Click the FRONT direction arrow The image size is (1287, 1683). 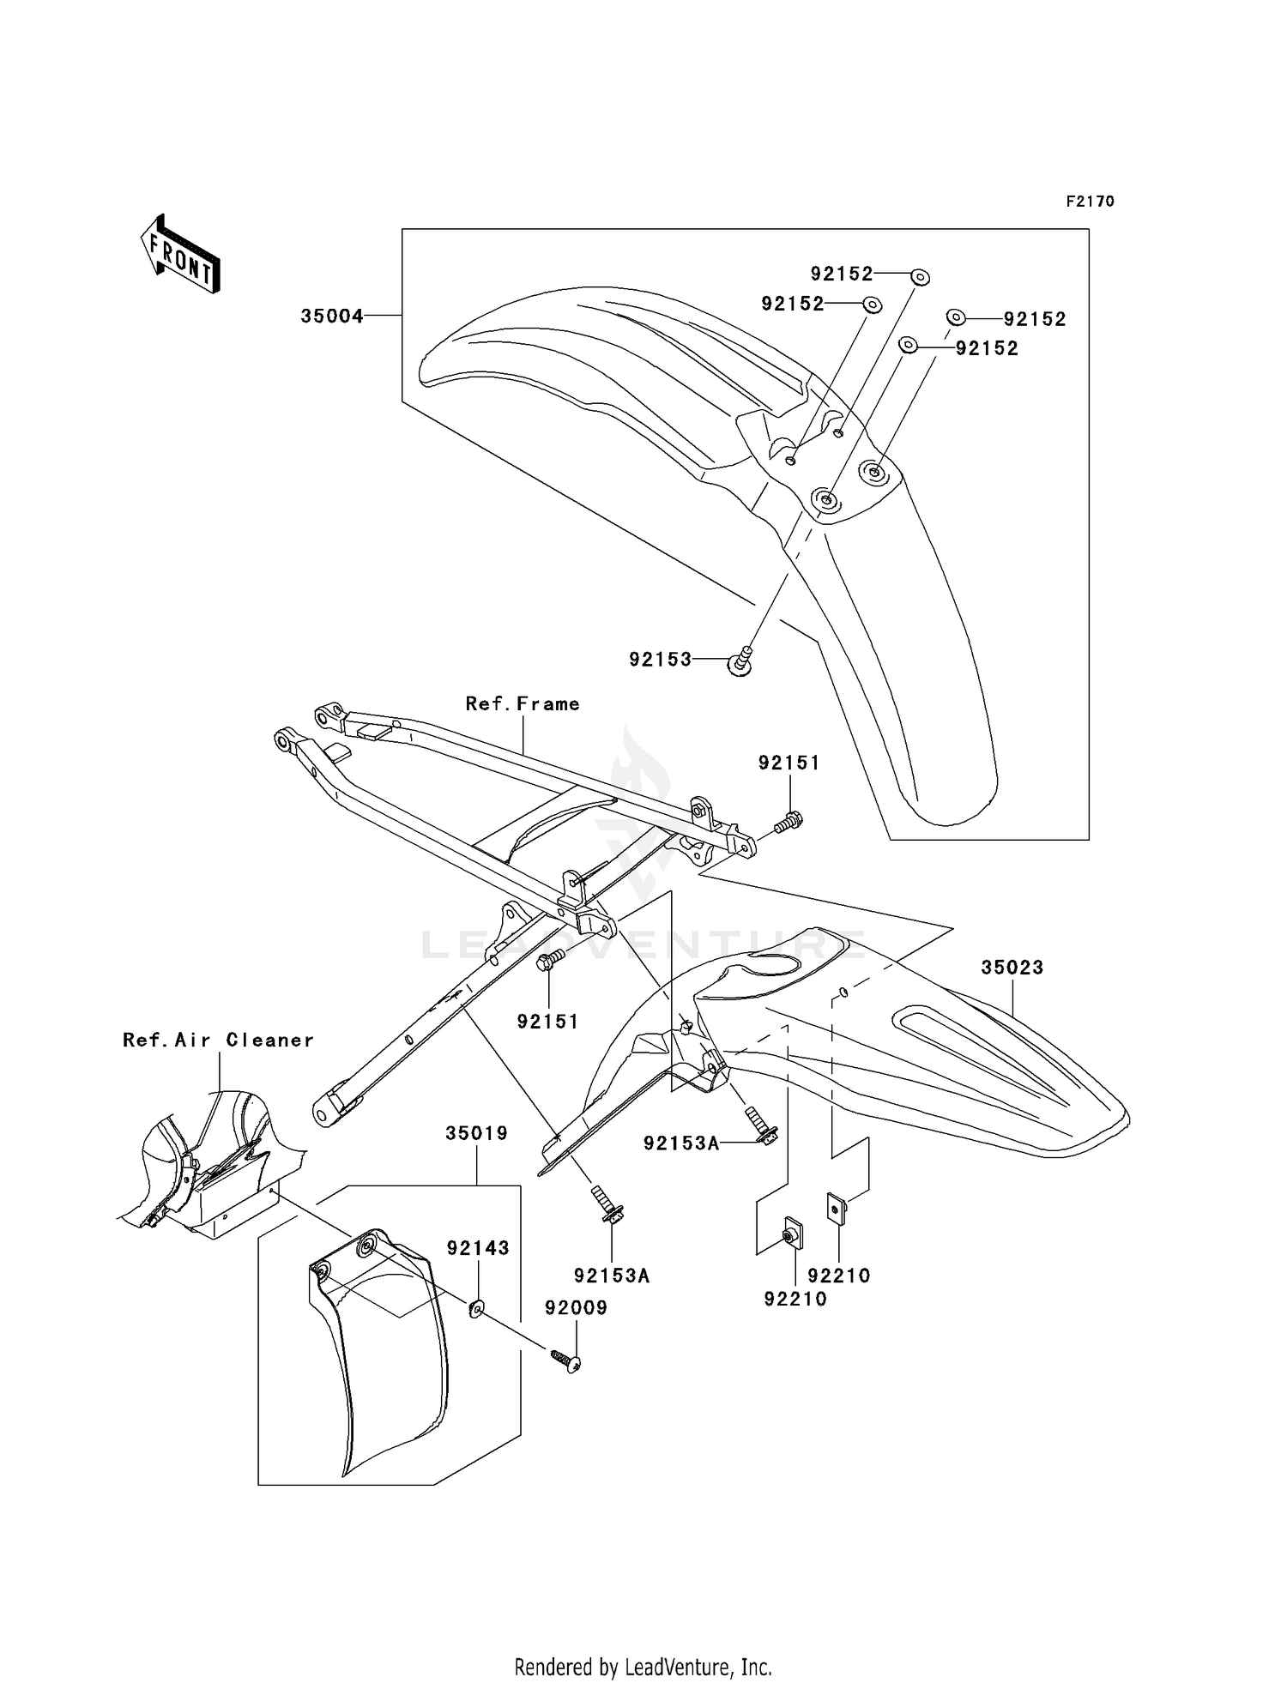[180, 255]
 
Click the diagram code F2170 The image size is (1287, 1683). [1090, 202]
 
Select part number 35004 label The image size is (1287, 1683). [331, 317]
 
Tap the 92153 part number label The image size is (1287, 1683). [660, 660]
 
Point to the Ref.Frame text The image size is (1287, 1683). [523, 704]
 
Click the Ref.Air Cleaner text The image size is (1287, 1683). [218, 1041]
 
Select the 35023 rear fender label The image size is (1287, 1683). [1012, 968]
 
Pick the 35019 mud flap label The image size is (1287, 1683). [476, 1133]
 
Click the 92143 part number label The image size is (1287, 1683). [478, 1248]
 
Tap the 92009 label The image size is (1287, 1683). [577, 1308]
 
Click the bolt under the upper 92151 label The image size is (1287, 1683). [788, 823]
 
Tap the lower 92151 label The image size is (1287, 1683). [547, 1022]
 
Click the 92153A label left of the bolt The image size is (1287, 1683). [681, 1143]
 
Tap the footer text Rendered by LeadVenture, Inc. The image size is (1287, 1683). [643, 1667]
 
